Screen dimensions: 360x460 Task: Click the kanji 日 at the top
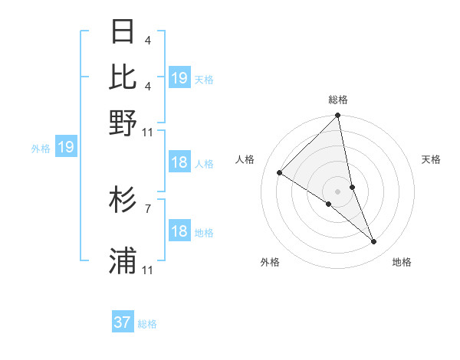123,32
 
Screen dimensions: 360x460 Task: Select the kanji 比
123,77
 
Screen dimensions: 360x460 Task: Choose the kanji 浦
123,260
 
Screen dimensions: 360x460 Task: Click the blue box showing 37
123,322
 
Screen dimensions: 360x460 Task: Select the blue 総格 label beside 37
147,324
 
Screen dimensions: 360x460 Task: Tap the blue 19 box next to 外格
66,147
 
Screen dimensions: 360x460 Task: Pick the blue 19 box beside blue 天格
179,77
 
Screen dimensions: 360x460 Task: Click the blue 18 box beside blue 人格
179,162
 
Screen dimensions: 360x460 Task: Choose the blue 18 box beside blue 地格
179,231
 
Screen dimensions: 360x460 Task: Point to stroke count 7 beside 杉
147,208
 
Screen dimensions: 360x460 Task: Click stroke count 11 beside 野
148,132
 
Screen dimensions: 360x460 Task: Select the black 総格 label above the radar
338,100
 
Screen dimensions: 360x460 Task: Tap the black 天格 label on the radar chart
432,159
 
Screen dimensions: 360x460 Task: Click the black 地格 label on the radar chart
402,262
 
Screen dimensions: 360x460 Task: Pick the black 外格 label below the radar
270,262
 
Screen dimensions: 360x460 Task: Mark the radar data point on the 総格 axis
338,116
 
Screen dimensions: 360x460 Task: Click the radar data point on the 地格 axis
374,242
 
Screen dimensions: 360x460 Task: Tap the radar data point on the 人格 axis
279,173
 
